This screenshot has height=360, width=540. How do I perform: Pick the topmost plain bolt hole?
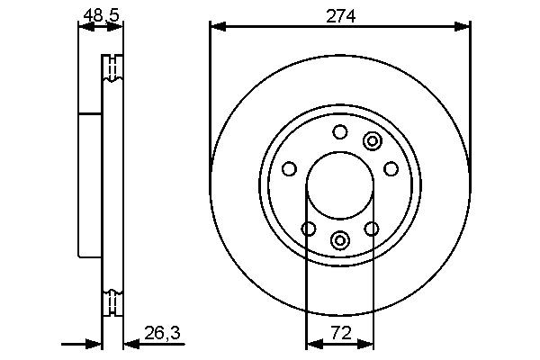click(x=339, y=133)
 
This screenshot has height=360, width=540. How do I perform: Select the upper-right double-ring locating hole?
click(x=372, y=140)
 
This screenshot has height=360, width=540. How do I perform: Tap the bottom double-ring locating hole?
click(x=339, y=240)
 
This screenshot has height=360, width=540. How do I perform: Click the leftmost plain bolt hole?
click(x=289, y=169)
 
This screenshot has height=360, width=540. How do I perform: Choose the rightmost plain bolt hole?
click(x=391, y=169)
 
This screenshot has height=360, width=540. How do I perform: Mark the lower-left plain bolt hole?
click(x=308, y=229)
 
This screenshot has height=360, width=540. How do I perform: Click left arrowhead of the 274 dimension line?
click(x=215, y=26)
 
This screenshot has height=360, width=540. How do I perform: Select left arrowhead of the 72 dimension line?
click(x=312, y=343)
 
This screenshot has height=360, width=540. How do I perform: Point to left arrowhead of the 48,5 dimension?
click(x=84, y=26)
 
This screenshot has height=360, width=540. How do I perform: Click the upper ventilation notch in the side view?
click(x=112, y=68)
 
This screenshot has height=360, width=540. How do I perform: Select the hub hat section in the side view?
click(x=90, y=184)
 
